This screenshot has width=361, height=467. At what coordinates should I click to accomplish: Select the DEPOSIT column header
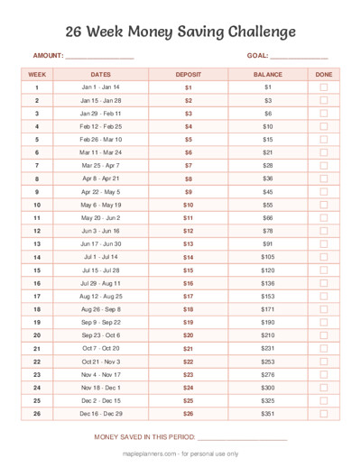[x=189, y=74]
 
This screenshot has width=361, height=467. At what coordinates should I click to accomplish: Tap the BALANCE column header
[x=268, y=74]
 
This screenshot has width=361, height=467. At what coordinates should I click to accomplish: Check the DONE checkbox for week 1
[x=324, y=87]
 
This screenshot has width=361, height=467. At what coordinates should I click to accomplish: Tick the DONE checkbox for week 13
[x=324, y=243]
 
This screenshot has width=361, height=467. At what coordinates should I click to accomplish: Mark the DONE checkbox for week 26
[x=324, y=413]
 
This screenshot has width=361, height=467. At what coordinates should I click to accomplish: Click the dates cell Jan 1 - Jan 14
[x=101, y=87]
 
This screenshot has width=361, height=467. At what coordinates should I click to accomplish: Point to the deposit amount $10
[x=189, y=205]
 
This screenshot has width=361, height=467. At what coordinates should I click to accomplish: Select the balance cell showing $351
[x=268, y=413]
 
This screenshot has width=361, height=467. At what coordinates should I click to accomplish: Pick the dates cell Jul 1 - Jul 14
[x=101, y=257]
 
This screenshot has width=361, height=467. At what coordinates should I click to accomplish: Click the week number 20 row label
[x=37, y=334]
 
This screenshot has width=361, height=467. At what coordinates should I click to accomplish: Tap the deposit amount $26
[x=189, y=413]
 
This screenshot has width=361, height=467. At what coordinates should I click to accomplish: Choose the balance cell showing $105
[x=268, y=257]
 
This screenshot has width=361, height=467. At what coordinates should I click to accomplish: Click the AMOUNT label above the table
[x=47, y=56]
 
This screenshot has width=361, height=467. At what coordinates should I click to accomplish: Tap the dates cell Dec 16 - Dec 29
[x=101, y=413]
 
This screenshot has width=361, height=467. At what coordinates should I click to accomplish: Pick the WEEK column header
[x=37, y=74]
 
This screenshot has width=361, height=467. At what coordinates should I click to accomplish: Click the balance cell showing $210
[x=268, y=334]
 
